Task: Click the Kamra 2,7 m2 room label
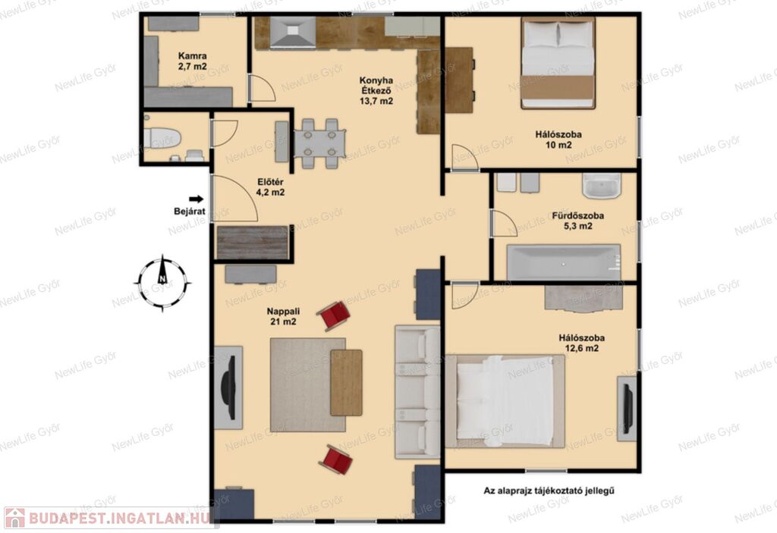(193, 61)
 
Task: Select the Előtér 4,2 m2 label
(271, 187)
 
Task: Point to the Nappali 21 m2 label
(283, 316)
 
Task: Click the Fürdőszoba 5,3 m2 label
(577, 221)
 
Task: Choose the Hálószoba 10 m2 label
(558, 140)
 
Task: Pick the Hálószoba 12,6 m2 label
(582, 343)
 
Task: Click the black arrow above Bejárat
(197, 199)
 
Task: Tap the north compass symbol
(162, 284)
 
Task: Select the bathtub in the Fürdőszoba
(564, 262)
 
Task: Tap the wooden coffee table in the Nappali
(346, 382)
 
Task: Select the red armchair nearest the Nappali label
(334, 315)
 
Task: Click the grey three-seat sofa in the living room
(417, 391)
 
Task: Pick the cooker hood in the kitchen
(293, 32)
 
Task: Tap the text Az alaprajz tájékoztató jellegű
(549, 491)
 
